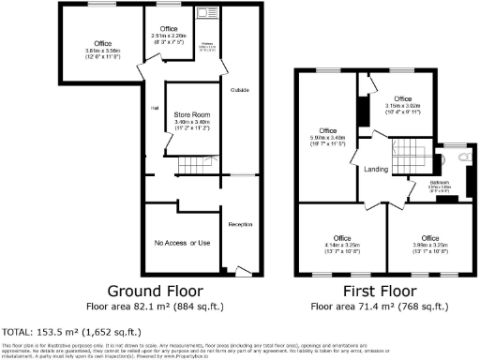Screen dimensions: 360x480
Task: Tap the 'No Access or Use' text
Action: (182, 244)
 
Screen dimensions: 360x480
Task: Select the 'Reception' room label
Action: (241, 225)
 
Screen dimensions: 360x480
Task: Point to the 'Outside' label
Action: (238, 90)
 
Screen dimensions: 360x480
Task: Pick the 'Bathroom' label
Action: (439, 183)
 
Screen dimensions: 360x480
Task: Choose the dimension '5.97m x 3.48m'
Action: (327, 139)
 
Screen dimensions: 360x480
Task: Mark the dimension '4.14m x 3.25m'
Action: (338, 246)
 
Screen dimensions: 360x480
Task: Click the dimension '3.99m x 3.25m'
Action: (429, 246)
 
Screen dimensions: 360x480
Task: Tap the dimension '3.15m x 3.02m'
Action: (402, 106)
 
